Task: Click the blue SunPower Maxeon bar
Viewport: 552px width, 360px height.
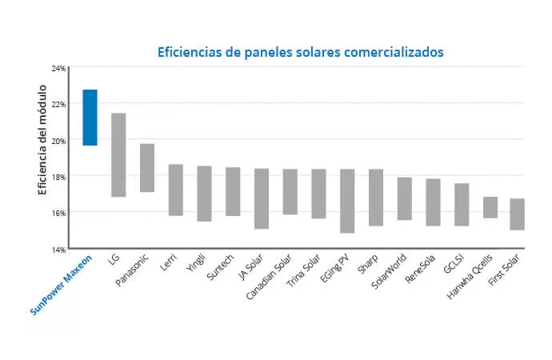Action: pyautogui.click(x=90, y=118)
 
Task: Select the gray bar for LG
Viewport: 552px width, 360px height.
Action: pyautogui.click(x=118, y=154)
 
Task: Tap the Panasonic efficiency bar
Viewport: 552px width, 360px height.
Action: pyautogui.click(x=147, y=168)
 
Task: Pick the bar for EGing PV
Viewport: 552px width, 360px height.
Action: pyautogui.click(x=347, y=201)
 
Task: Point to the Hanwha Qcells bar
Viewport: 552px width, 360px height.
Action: pyautogui.click(x=490, y=207)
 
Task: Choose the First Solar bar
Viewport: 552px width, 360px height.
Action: pyautogui.click(x=517, y=214)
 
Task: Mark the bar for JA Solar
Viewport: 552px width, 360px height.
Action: pyautogui.click(x=262, y=198)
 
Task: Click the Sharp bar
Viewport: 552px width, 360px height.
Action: pyautogui.click(x=376, y=198)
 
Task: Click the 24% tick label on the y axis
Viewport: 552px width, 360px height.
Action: pyautogui.click(x=58, y=68)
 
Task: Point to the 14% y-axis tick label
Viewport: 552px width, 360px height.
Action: pyautogui.click(x=58, y=249)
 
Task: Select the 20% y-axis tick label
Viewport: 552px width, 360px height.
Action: pyautogui.click(x=58, y=140)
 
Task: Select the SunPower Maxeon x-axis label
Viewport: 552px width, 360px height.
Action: pyautogui.click(x=62, y=286)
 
